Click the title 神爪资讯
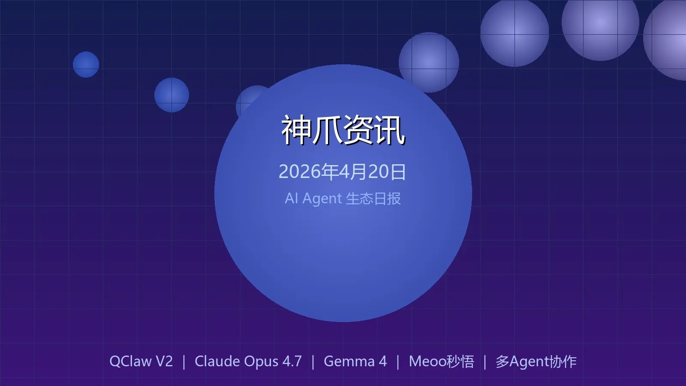coord(343,130)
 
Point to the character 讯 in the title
coord(390,130)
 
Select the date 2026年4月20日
coord(343,172)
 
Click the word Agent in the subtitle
coord(322,199)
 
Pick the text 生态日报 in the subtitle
coord(373,199)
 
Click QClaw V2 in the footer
coord(141,361)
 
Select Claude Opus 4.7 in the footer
coord(248,361)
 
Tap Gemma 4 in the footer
coord(355,361)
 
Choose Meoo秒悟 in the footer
coord(442,361)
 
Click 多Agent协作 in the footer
coord(536,361)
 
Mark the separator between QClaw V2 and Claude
coord(184,362)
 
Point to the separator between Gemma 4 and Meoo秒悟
coord(398,362)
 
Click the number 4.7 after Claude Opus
coord(292,361)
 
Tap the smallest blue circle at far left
coord(86,64)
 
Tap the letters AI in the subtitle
coord(291,199)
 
